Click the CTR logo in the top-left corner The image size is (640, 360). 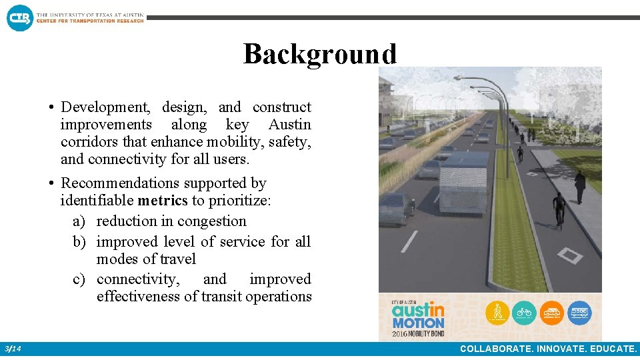[19, 17]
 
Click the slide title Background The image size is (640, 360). [320, 54]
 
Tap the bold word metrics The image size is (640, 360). [162, 200]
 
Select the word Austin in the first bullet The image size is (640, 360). [289, 125]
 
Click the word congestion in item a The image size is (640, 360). [214, 221]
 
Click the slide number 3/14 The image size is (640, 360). [12, 349]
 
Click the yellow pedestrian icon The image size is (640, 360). [497, 312]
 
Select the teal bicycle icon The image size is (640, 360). [525, 312]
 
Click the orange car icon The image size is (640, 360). [552, 312]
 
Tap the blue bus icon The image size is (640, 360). [580, 312]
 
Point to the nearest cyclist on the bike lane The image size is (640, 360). [559, 210]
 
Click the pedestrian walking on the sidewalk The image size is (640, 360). [580, 187]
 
